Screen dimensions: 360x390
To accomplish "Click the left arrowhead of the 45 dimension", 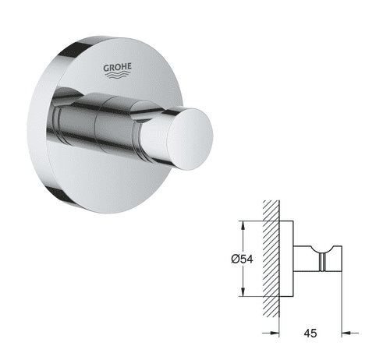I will pos(275,333).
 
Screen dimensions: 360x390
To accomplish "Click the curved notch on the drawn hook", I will pos(325,248).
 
